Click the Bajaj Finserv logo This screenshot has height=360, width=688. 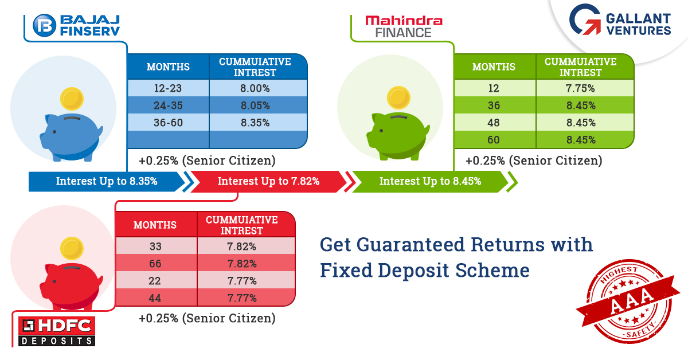click(x=76, y=25)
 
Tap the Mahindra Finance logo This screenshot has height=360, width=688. click(x=404, y=26)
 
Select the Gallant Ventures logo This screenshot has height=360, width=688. click(x=620, y=19)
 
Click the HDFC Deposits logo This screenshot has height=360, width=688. click(x=57, y=331)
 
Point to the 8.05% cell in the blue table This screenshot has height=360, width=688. click(x=255, y=105)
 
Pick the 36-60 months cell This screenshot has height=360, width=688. click(x=168, y=123)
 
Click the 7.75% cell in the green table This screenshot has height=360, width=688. click(x=580, y=88)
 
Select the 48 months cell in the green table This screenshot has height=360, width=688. click(x=493, y=123)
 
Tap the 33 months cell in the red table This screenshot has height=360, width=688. click(x=155, y=246)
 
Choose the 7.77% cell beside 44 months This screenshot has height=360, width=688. click(x=242, y=298)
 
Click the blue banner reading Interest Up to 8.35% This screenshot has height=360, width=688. click(x=107, y=181)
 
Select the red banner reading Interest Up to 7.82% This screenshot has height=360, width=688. click(x=268, y=181)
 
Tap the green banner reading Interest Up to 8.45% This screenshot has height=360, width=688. click(x=430, y=181)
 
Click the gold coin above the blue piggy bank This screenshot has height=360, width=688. click(x=72, y=99)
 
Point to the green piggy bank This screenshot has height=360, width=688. click(x=398, y=136)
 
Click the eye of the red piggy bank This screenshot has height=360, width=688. click(x=54, y=281)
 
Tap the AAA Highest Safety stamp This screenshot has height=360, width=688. click(x=628, y=301)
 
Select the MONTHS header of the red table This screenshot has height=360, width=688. click(x=155, y=225)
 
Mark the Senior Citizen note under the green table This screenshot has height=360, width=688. click(x=534, y=161)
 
